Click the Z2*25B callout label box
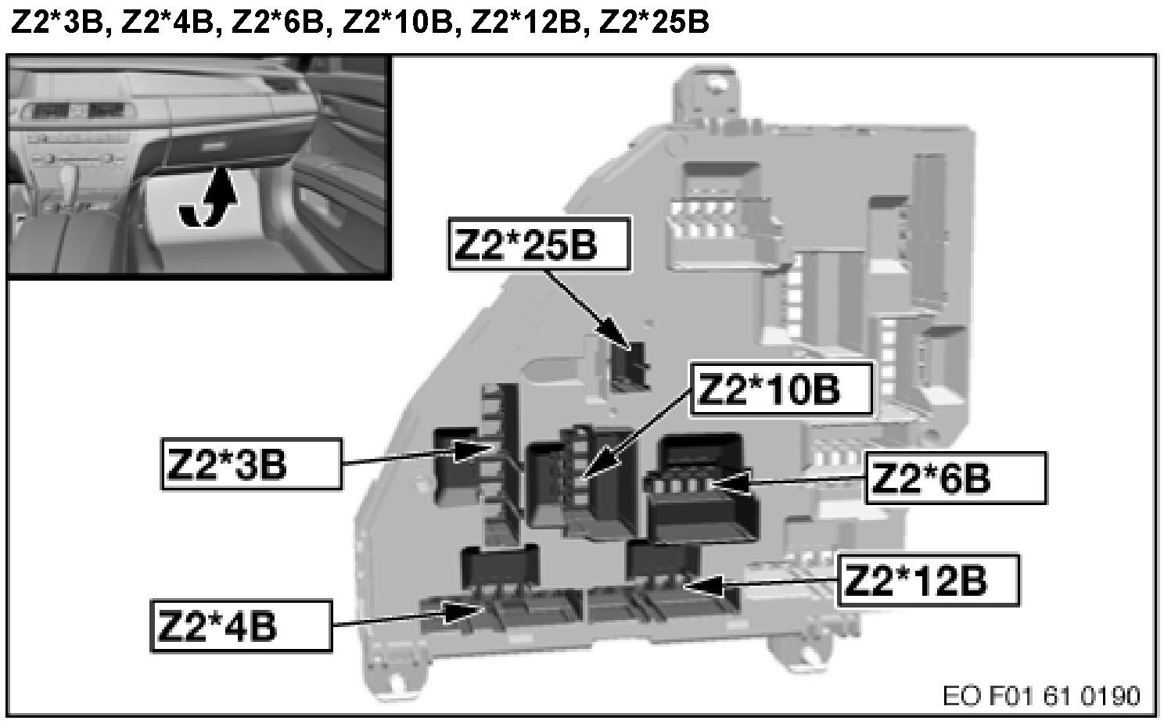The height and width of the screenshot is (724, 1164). [539, 243]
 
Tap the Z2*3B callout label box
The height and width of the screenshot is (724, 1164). [251, 464]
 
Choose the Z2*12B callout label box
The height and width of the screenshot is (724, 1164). [929, 580]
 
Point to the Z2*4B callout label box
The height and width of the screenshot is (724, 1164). [240, 625]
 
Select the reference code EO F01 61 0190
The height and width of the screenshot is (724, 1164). [1041, 695]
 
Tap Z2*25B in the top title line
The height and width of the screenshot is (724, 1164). [654, 22]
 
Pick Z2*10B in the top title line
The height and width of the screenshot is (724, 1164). [397, 22]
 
